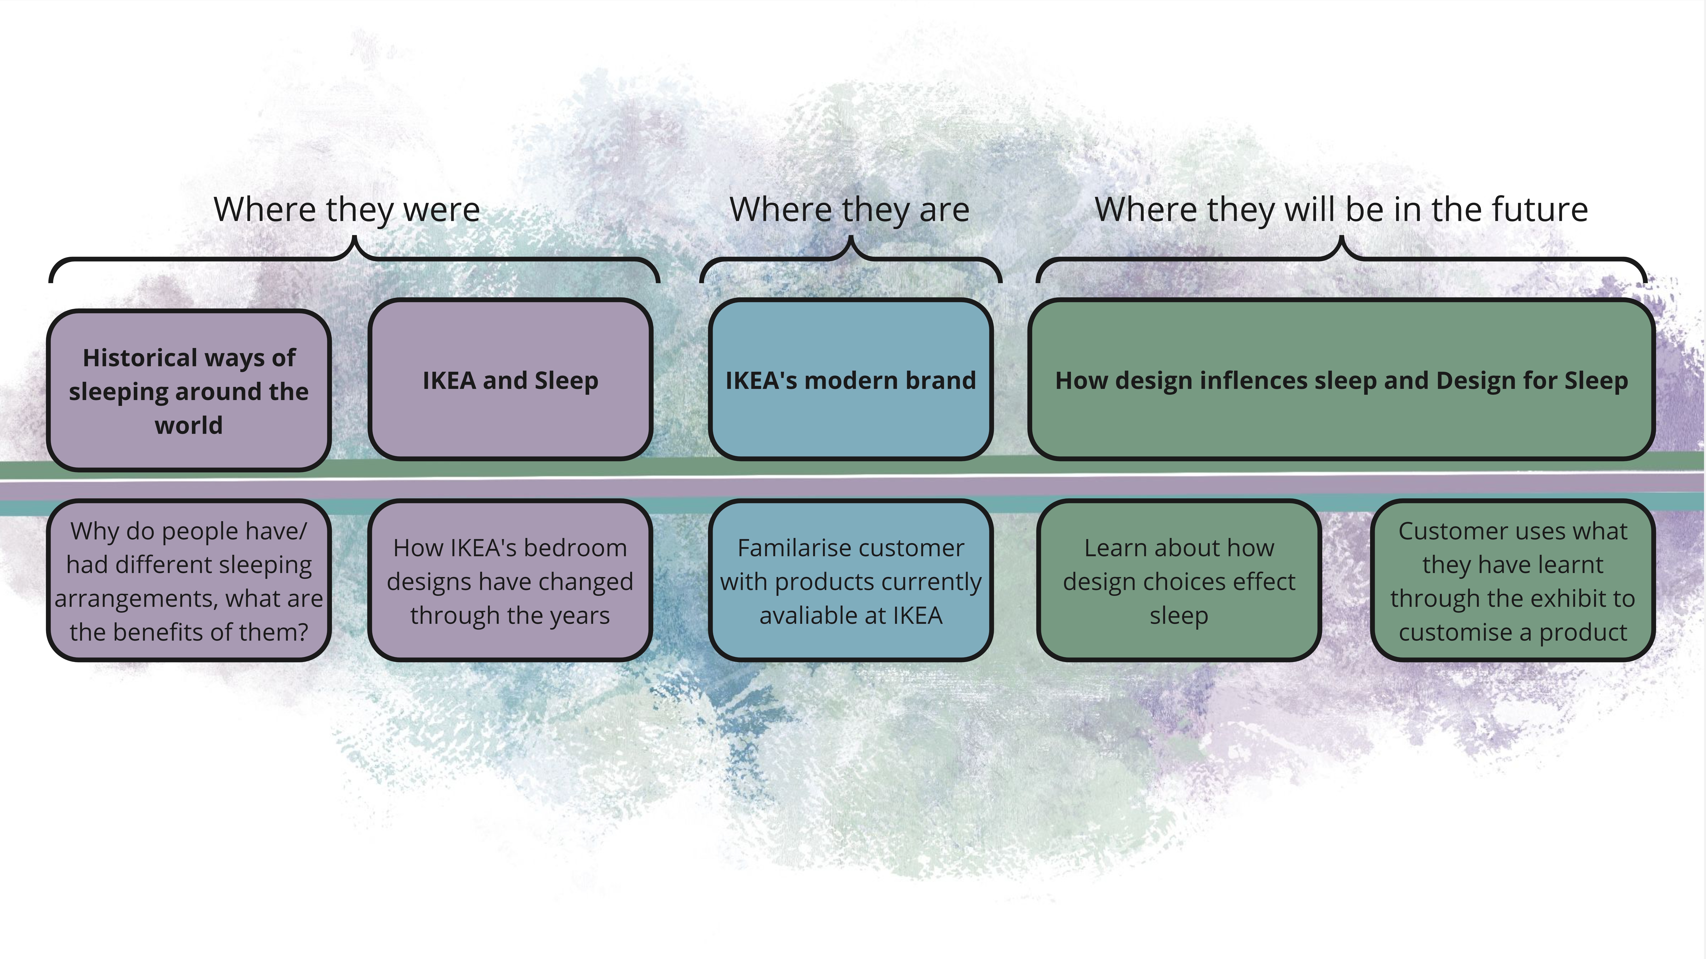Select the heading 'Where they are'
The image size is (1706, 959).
(x=850, y=210)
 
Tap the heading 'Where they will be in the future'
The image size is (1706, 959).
(x=1341, y=210)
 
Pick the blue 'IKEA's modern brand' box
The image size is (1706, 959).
(x=850, y=379)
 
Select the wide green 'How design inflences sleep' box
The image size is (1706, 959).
(x=1341, y=379)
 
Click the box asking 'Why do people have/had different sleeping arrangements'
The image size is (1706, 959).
(x=189, y=581)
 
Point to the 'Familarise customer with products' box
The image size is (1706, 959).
(x=850, y=581)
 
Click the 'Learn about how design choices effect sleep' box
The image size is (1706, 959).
(x=1179, y=581)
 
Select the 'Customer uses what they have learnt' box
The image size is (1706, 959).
(x=1513, y=581)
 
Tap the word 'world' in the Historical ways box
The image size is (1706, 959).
(x=189, y=425)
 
